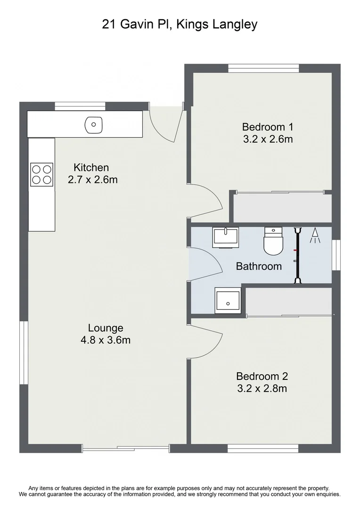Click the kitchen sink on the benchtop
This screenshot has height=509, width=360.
(x=93, y=125)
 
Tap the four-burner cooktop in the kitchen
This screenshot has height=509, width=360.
(x=41, y=174)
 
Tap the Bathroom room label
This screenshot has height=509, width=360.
(x=259, y=266)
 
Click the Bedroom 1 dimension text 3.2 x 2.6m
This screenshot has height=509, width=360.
(x=268, y=139)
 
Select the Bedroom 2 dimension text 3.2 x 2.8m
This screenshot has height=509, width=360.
(x=262, y=389)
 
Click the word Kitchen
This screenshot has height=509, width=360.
(x=91, y=167)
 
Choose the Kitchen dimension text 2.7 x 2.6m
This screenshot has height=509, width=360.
(x=93, y=180)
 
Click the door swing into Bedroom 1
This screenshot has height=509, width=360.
(x=206, y=200)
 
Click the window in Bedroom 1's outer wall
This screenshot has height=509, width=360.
(x=263, y=68)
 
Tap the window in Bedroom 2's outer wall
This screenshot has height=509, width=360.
(x=263, y=448)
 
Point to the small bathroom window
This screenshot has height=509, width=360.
(x=336, y=255)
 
